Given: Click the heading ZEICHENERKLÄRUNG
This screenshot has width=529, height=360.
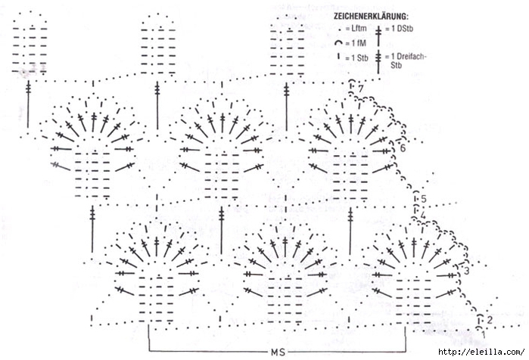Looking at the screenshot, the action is [x=371, y=16].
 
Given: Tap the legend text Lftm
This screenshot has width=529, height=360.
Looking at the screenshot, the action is [x=359, y=29].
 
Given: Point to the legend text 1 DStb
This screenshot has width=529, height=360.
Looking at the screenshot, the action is [x=402, y=29].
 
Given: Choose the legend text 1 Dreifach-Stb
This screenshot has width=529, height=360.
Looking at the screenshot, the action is [x=409, y=61].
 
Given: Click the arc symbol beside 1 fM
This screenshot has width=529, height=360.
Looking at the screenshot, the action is [x=339, y=43].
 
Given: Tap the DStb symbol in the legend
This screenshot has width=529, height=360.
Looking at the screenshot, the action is [x=378, y=36].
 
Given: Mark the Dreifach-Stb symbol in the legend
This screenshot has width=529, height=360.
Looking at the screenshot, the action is [x=378, y=62].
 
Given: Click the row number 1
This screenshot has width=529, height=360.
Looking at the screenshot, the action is [x=484, y=335].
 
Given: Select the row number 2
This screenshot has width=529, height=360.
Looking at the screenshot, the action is [x=490, y=320].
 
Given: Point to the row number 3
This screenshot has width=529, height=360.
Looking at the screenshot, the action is [x=467, y=271].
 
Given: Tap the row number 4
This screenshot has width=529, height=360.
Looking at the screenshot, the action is [x=423, y=216].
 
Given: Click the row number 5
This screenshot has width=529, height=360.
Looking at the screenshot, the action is [x=424, y=199].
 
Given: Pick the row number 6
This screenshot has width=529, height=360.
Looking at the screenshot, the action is [x=403, y=148].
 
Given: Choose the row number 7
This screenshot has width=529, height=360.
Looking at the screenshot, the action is [x=361, y=88].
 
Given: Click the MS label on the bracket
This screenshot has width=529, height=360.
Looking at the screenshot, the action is [x=278, y=352].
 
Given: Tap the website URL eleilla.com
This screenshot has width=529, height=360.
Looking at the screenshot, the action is [x=481, y=352].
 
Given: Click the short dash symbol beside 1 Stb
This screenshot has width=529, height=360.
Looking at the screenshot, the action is [x=339, y=56].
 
